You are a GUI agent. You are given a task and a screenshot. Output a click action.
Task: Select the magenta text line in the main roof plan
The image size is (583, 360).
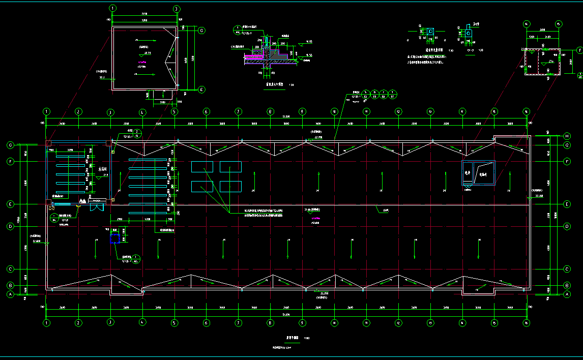pos(315,219)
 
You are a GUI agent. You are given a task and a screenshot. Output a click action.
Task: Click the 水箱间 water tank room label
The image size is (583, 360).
pos(103,169)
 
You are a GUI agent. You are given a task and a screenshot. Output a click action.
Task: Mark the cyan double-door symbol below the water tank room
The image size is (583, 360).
pos(96,206)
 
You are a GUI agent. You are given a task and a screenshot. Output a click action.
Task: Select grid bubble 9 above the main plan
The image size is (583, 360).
pos(302,111)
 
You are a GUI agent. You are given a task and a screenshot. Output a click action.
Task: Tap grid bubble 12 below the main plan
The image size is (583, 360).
pos(398,322)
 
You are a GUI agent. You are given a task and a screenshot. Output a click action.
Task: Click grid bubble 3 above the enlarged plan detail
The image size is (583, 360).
pos(176,9)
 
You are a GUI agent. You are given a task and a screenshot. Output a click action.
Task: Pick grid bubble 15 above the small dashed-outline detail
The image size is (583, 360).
pos(559,24)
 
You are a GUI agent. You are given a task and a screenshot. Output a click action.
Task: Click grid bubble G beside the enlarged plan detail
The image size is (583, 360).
pos(201,31)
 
